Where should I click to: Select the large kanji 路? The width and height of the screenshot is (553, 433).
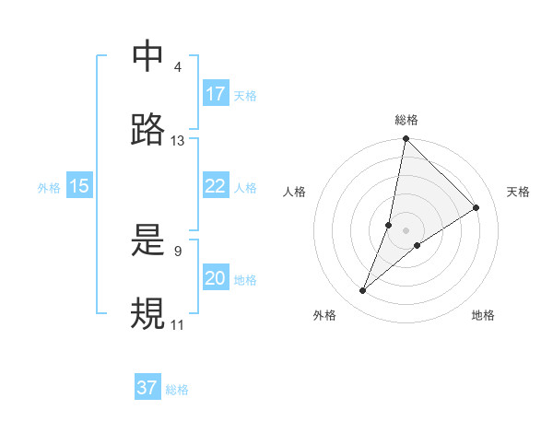148,129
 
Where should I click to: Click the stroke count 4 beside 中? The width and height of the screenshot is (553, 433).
177,68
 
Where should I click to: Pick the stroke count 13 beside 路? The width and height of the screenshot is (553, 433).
177,141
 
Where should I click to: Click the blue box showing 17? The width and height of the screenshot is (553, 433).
216,94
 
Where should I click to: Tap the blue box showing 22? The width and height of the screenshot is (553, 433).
216,186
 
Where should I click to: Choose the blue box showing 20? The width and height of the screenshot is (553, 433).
216,278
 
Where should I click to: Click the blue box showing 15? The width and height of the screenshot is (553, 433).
79,186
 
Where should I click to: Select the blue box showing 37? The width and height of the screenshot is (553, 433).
147,388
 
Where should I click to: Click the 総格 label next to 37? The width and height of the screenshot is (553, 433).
177,390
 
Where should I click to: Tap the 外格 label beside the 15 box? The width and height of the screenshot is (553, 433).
49,188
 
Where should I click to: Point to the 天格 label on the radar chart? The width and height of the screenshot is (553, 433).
518,192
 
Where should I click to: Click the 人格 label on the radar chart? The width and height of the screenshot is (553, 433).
294,192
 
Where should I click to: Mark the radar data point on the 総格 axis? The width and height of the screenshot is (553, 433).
406,140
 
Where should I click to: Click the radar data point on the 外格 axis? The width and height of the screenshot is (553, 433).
363,291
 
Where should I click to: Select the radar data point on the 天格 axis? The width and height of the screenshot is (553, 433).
477,207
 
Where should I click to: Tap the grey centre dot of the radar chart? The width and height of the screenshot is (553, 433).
406,229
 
